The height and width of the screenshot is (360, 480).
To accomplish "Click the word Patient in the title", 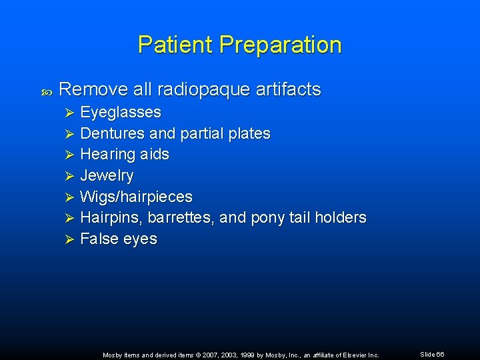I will [175, 45].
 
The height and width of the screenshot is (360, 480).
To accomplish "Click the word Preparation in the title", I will [280, 45].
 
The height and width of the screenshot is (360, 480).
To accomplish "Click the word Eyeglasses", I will [121, 112].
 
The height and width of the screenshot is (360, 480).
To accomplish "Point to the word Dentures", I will [109, 133].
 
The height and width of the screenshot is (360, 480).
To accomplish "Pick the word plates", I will [249, 133].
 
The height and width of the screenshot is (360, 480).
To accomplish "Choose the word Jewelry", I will [107, 176].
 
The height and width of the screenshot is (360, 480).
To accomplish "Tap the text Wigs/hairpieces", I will [136, 197].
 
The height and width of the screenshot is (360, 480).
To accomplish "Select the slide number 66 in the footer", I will [440, 354].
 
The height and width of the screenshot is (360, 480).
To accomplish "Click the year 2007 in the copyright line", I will [206, 355].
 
